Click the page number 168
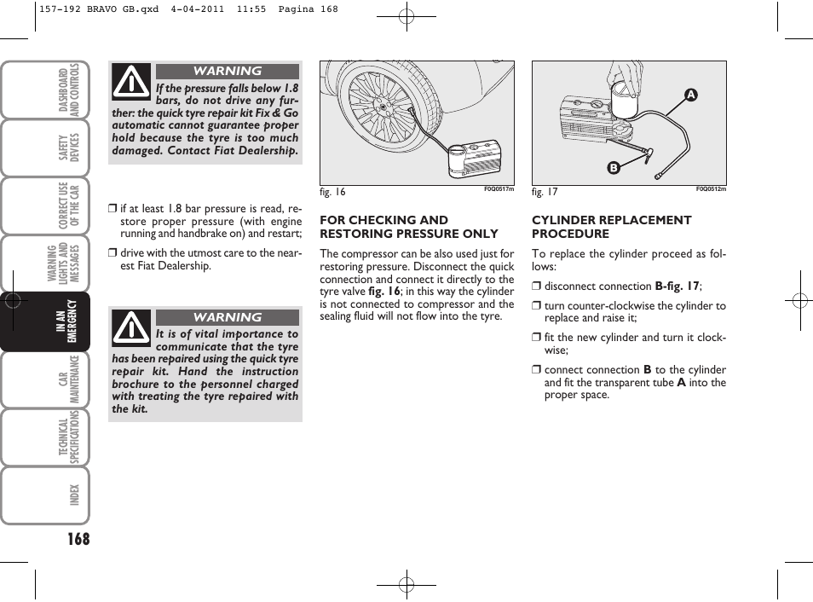pos(74,538)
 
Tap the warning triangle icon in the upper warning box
pos(131,82)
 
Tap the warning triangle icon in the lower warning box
pos(131,327)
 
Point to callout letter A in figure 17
pos(692,96)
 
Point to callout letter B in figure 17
pos(612,168)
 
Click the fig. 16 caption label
pos(332,192)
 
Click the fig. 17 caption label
pos(545,192)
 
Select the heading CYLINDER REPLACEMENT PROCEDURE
pos(611,227)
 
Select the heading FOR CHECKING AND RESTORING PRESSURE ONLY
pos(408,227)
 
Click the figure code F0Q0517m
pos(499,189)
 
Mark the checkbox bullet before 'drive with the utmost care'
pos(112,253)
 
